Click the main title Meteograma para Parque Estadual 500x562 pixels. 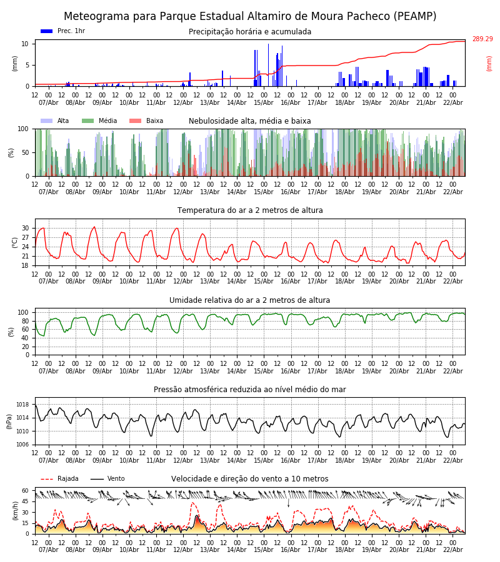click(250, 17)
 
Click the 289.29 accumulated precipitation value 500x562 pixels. click(482, 39)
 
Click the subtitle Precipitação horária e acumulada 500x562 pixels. click(250, 32)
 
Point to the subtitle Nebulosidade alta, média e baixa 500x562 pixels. click(250, 121)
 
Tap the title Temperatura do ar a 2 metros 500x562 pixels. click(250, 210)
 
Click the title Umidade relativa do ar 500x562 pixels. click(250, 300)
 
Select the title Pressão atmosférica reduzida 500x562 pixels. click(250, 390)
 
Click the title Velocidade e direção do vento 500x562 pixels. click(250, 479)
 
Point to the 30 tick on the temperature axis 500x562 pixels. click(26, 228)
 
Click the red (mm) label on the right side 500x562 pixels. click(489, 63)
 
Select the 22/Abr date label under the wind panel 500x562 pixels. click(452, 550)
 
